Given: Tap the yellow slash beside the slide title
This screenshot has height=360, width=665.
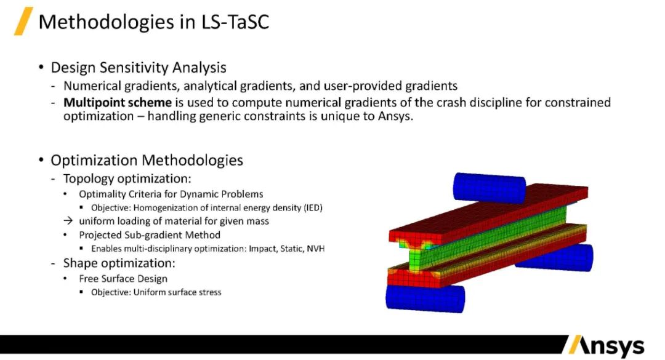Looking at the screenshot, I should click(x=23, y=22).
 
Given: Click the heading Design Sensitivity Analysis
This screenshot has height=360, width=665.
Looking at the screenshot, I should click(x=139, y=68).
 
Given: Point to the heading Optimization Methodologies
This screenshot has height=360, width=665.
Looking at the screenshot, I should click(x=147, y=161).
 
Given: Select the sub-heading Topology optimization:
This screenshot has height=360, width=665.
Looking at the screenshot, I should click(x=127, y=178).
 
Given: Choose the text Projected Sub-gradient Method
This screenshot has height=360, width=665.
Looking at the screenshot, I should click(x=150, y=235).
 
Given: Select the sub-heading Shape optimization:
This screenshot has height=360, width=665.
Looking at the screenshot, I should click(x=119, y=263).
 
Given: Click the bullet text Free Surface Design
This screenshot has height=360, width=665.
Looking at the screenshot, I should click(x=123, y=278).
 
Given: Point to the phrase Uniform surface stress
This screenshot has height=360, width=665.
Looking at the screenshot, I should click(x=179, y=292).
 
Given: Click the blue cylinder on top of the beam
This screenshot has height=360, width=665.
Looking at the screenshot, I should click(x=489, y=185).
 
